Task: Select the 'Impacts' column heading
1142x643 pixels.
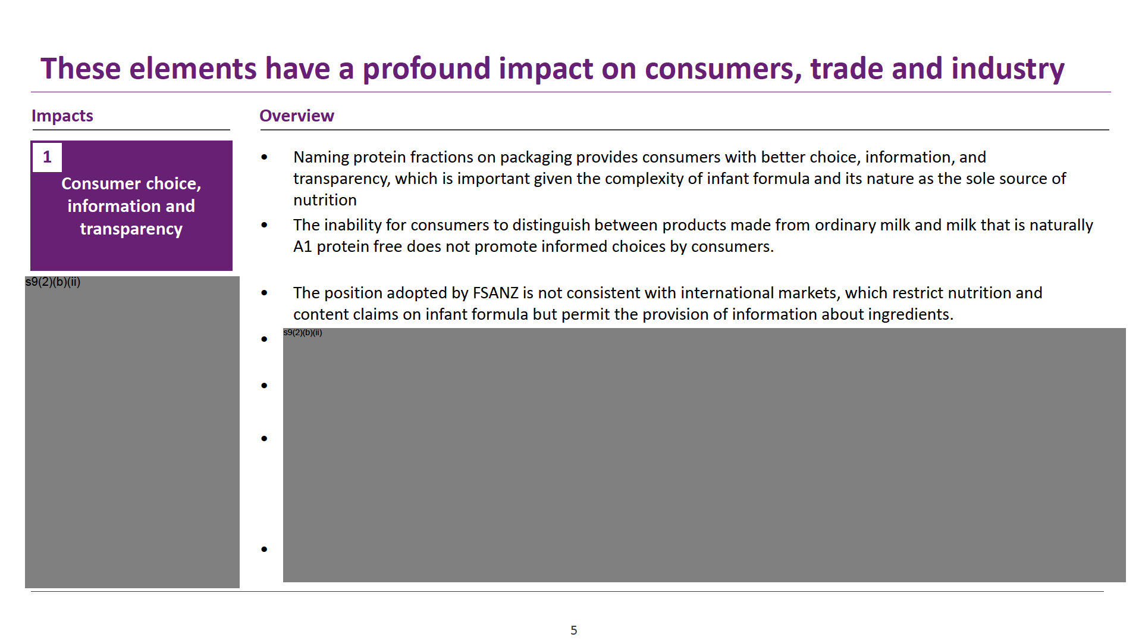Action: point(62,116)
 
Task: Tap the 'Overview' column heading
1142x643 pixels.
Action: point(297,116)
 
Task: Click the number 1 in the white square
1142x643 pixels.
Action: point(47,157)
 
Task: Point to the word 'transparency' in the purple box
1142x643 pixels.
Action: point(131,229)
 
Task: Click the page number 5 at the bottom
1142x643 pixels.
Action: point(573,630)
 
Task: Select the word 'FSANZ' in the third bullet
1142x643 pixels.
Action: point(495,293)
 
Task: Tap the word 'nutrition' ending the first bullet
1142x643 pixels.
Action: point(325,200)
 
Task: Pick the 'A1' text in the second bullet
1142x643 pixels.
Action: point(303,246)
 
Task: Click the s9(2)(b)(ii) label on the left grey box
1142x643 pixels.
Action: point(53,282)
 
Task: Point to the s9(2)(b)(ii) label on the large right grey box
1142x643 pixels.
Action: point(303,332)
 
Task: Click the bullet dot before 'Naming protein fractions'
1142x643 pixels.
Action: point(265,158)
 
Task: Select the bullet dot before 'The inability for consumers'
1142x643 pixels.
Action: point(265,226)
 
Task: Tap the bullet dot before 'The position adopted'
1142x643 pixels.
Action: point(265,294)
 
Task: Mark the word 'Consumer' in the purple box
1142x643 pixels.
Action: point(99,183)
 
